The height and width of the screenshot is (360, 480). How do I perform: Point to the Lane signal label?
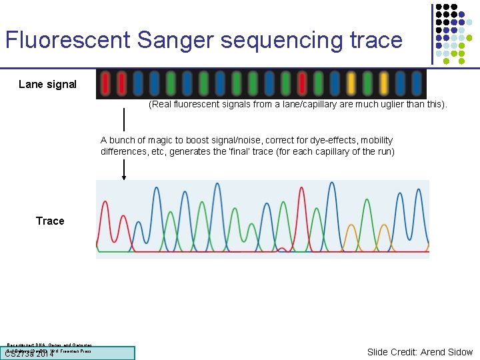47,84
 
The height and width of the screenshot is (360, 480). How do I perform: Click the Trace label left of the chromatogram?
50,221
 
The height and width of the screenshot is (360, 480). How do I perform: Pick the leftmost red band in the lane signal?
106,84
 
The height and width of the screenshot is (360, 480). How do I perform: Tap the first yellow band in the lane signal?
351,84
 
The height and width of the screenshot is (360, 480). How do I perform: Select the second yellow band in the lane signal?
384,84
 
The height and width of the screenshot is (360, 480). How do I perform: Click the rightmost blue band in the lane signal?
417,84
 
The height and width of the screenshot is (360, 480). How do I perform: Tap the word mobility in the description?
376,140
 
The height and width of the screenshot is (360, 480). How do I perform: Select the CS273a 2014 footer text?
30,354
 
